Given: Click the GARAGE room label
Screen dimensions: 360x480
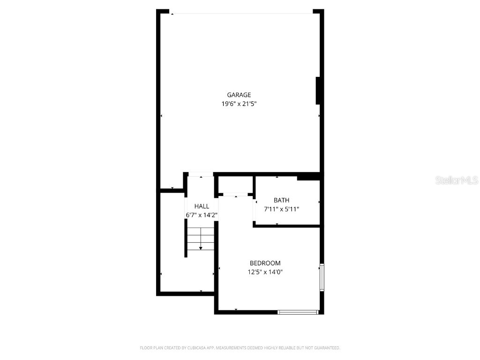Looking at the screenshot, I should pyautogui.click(x=239, y=95).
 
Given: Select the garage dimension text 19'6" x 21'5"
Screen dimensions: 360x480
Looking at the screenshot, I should pyautogui.click(x=239, y=104).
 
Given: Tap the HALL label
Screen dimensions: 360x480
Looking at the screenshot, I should pyautogui.click(x=202, y=206).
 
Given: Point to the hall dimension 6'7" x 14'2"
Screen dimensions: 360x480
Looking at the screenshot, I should pyautogui.click(x=202, y=215).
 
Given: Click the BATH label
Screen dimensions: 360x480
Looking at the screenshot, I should pyautogui.click(x=281, y=200).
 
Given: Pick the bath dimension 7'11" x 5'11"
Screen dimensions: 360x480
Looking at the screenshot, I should pyautogui.click(x=281, y=209).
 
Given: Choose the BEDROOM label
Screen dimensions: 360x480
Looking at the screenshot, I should pyautogui.click(x=265, y=263).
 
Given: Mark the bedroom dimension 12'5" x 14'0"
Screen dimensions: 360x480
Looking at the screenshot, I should pyautogui.click(x=265, y=272).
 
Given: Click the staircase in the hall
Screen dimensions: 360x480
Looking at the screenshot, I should pyautogui.click(x=201, y=239).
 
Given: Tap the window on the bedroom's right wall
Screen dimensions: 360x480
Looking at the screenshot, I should pyautogui.click(x=322, y=277).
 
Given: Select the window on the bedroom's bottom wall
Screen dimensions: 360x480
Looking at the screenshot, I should pyautogui.click(x=298, y=312).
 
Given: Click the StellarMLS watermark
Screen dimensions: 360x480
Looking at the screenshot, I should pyautogui.click(x=457, y=180).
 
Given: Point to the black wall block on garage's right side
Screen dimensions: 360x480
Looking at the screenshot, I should pyautogui.click(x=318, y=90).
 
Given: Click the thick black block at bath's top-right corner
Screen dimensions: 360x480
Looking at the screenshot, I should pyautogui.click(x=308, y=177).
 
